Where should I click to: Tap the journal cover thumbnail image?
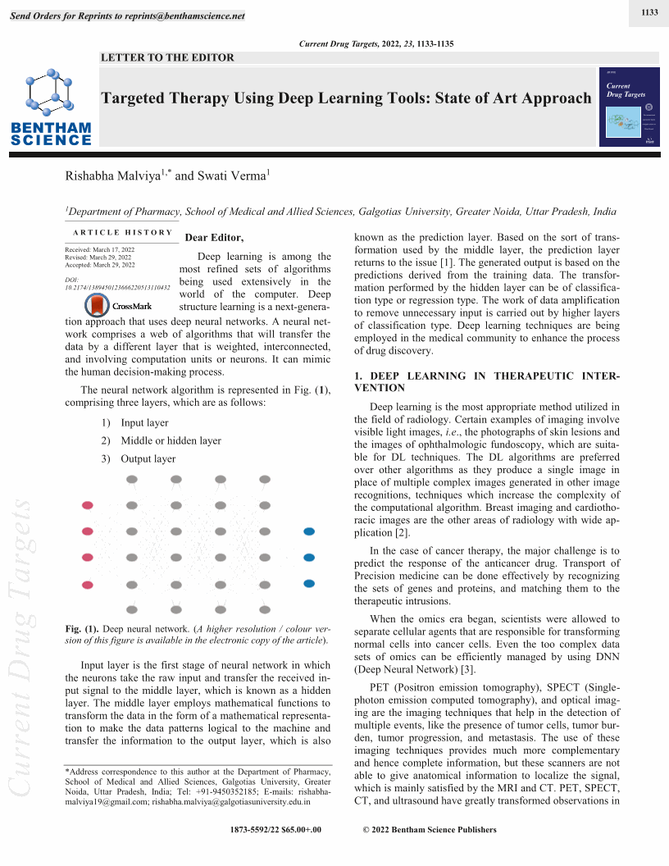(x=629, y=107)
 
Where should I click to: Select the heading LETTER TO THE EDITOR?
(x=167, y=57)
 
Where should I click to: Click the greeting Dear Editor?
(x=215, y=238)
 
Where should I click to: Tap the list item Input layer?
(x=144, y=423)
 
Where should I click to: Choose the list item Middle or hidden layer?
(x=171, y=441)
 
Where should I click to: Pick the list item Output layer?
(x=148, y=459)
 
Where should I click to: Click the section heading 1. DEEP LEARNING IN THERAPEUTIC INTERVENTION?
(x=487, y=381)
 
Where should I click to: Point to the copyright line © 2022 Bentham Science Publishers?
(x=429, y=830)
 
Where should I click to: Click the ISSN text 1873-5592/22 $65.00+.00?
(x=276, y=830)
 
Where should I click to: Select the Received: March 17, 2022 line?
(x=99, y=248)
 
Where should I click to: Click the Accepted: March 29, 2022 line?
(x=99, y=265)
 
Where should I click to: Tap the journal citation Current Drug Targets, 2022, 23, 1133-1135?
(x=378, y=43)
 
